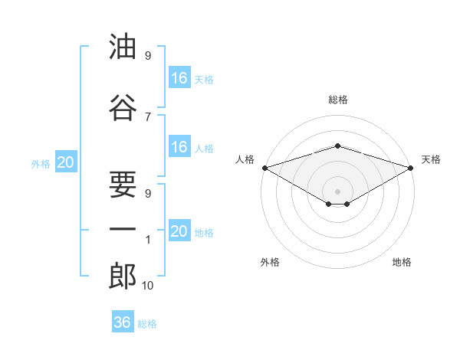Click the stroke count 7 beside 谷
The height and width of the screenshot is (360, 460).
click(148, 116)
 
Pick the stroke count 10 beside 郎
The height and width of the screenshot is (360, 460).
click(148, 286)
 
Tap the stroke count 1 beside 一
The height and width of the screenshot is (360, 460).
click(148, 240)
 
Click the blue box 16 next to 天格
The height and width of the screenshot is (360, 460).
click(179, 78)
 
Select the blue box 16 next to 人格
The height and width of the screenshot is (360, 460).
click(179, 147)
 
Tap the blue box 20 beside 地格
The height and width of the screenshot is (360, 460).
click(179, 231)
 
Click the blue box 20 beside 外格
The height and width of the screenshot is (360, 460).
click(65, 162)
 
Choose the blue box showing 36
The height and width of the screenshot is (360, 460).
click(122, 322)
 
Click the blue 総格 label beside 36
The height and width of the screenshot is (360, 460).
click(147, 324)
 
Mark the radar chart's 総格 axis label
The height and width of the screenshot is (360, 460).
click(337, 100)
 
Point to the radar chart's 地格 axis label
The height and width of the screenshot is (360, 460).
click(402, 262)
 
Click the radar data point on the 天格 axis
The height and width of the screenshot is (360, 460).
click(410, 167)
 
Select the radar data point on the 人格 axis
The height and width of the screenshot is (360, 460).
click(264, 167)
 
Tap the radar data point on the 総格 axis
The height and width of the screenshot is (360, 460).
click(337, 146)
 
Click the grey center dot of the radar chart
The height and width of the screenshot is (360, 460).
click(337, 191)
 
